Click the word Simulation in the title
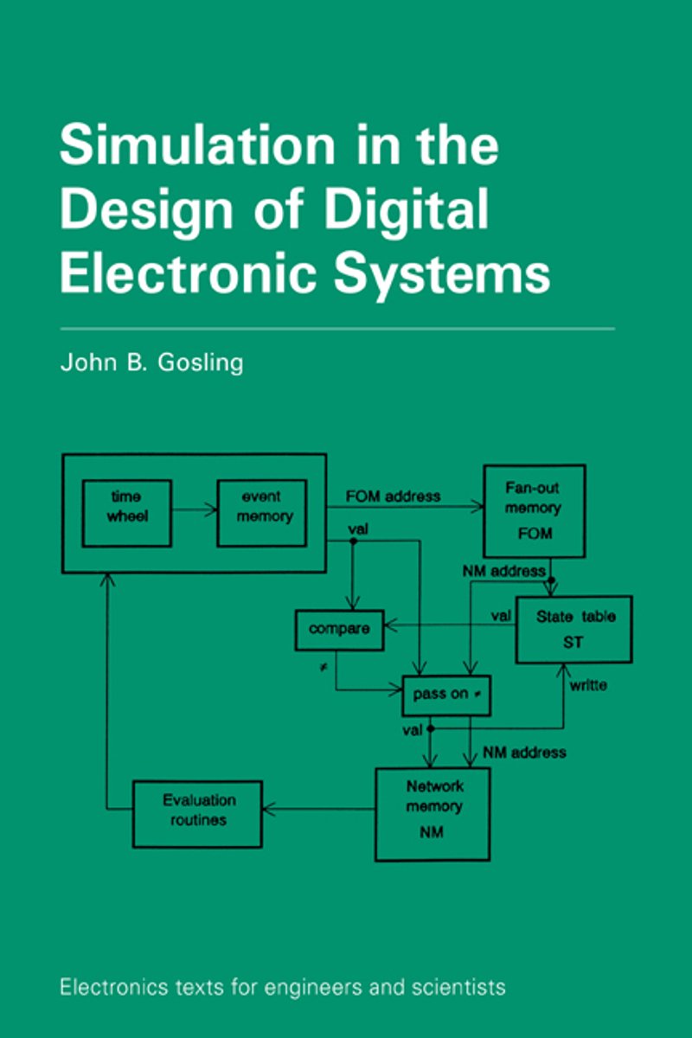click(x=197, y=144)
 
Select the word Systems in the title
click(x=442, y=275)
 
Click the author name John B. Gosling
click(x=151, y=362)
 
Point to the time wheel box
click(x=127, y=513)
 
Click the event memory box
click(x=262, y=513)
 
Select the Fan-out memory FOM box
click(x=535, y=510)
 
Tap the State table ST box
click(x=573, y=629)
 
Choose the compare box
click(x=339, y=630)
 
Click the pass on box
click(x=446, y=695)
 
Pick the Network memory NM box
click(x=432, y=814)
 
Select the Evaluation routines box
click(x=197, y=814)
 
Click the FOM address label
click(x=393, y=497)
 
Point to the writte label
click(x=588, y=685)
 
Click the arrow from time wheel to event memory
click(x=195, y=509)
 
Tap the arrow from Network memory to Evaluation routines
click(x=319, y=809)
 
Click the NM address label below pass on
click(x=525, y=752)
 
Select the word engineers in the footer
click(x=313, y=988)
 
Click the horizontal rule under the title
click(x=337, y=329)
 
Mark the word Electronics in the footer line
click(x=114, y=987)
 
